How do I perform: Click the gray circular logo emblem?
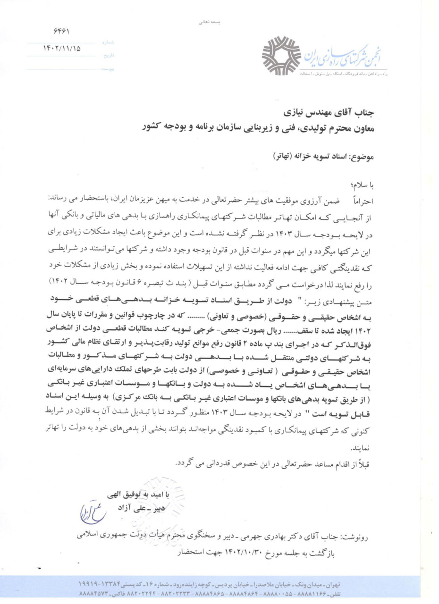click(x=280, y=56)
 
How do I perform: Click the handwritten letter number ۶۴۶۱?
click(x=62, y=32)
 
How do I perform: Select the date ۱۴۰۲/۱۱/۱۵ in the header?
click(x=62, y=48)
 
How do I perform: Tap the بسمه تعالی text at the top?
click(x=211, y=22)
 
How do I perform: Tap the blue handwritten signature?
click(x=93, y=512)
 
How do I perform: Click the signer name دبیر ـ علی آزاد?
click(x=144, y=507)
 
